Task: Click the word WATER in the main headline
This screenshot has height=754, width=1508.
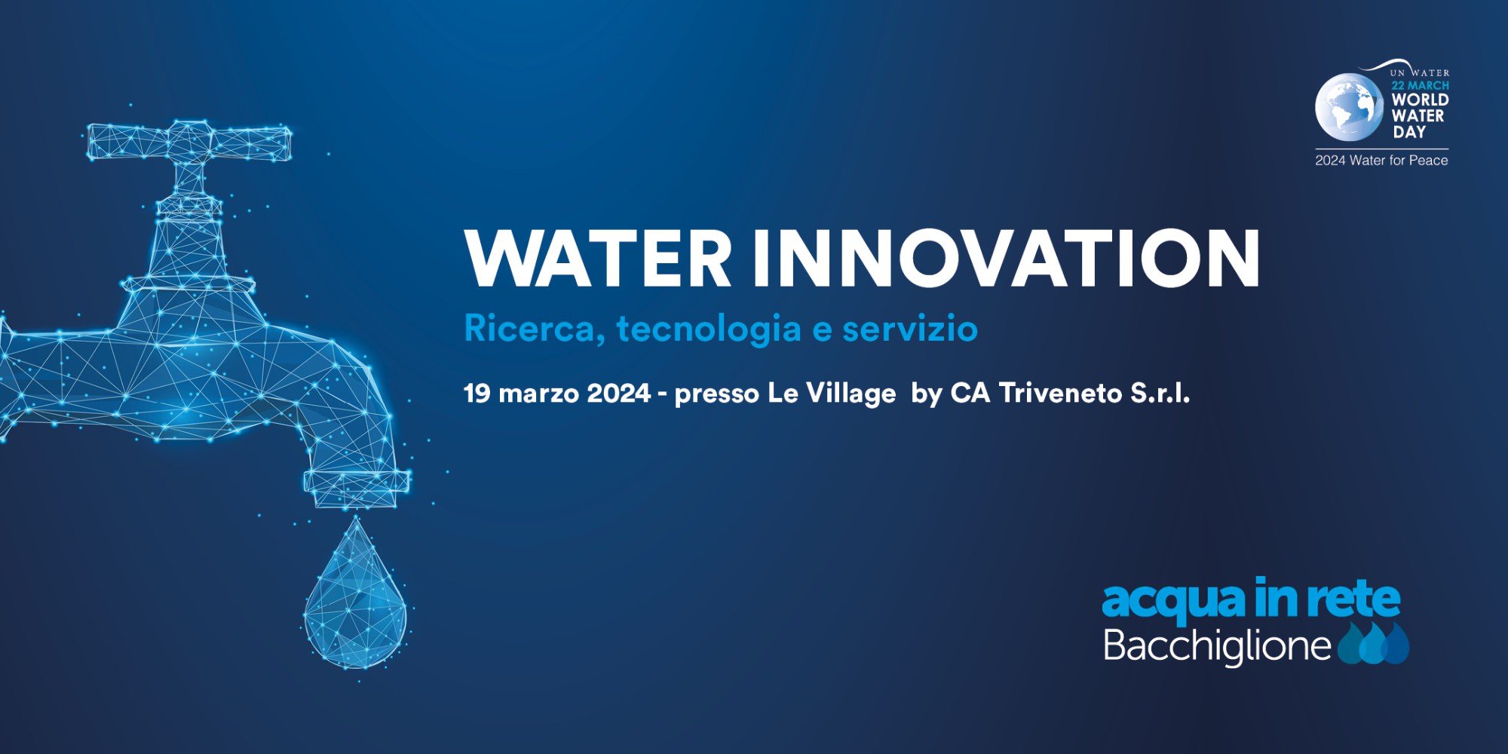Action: click(598, 258)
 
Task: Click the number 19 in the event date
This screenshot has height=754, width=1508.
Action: click(477, 393)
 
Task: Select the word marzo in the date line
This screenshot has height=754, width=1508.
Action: click(539, 394)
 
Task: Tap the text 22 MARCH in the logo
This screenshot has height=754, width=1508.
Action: click(1421, 86)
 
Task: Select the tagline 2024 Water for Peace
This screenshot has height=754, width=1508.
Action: click(1381, 160)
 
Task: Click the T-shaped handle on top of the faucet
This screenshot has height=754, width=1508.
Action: click(189, 142)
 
